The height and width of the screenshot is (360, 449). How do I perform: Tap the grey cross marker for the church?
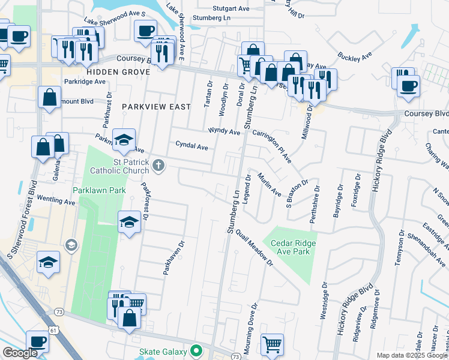point(158,166)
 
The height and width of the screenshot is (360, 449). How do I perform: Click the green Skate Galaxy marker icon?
point(196,350)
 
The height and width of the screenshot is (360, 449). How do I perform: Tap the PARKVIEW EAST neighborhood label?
point(155,106)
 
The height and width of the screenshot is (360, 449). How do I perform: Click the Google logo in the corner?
point(20,353)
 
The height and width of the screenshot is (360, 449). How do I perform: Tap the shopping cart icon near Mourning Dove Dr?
point(273,344)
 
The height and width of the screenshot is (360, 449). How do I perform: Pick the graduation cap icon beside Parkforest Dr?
point(130,222)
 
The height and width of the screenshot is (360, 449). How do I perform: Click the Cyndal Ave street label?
point(191,145)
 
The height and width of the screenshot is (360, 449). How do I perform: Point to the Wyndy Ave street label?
point(224,130)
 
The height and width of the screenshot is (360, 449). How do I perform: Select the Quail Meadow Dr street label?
point(255,248)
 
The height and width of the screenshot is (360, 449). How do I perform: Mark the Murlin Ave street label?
point(269,185)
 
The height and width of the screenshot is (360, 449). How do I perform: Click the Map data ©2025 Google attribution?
point(412,355)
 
